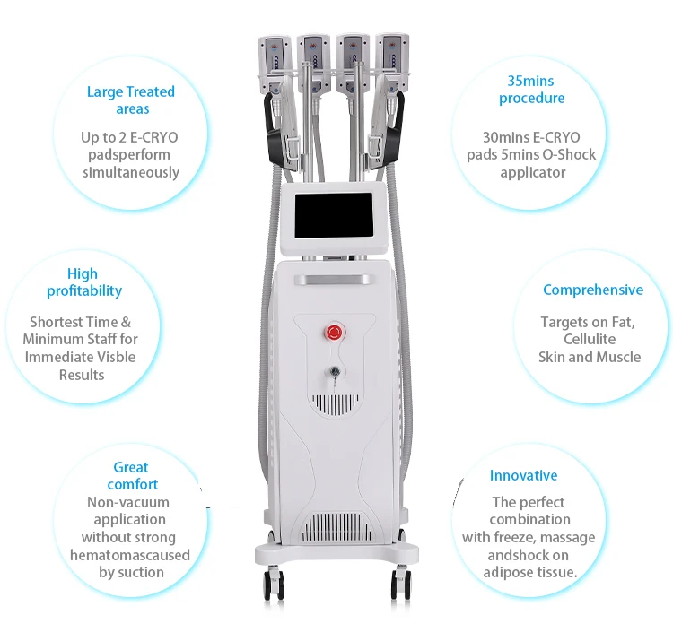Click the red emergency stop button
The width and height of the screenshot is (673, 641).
335,332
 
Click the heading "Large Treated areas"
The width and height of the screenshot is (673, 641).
131,100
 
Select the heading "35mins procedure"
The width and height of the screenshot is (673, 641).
531,90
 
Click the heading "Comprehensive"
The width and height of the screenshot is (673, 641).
593,290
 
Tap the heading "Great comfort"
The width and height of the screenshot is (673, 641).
131,476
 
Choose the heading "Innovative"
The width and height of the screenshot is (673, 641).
523,476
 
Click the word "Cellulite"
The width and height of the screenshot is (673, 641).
589,340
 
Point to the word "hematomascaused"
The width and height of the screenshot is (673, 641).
130,555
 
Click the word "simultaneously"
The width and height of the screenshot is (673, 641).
131,172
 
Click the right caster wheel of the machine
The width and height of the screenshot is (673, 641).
400,586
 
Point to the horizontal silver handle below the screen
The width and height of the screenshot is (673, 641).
335,280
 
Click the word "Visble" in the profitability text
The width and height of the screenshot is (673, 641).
135,357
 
